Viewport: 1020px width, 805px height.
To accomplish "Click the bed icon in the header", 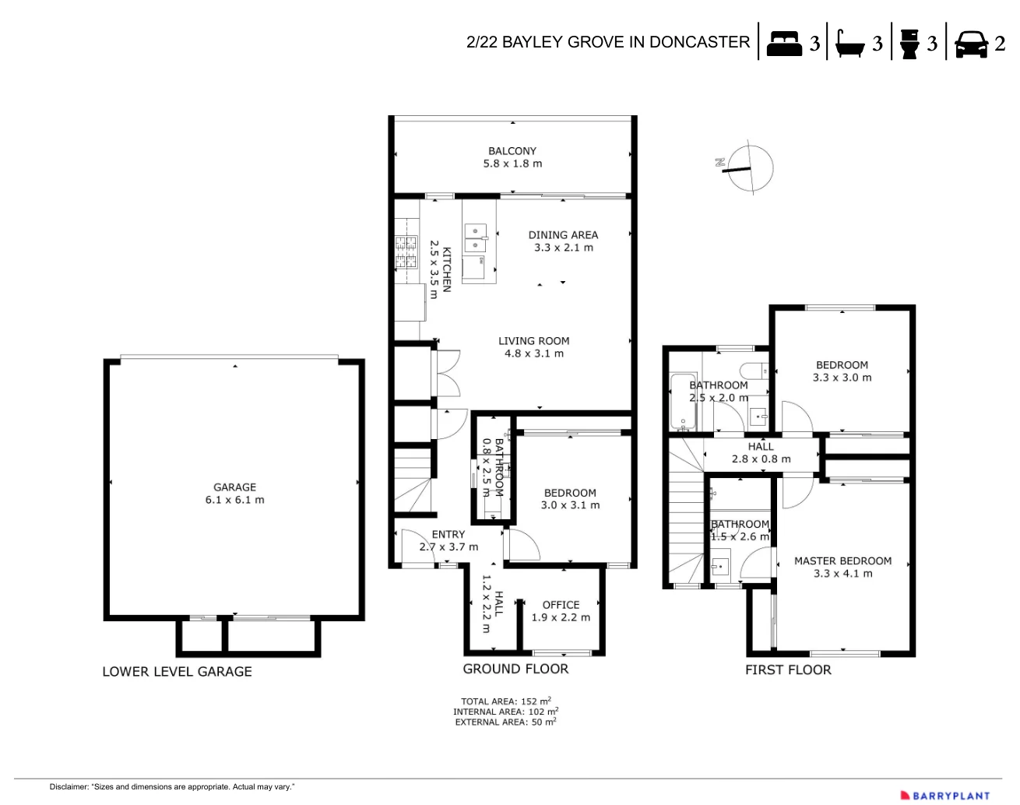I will pos(784,44).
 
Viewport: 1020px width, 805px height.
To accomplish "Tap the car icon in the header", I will pos(970,44).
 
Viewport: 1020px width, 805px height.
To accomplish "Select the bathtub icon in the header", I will pos(849,44).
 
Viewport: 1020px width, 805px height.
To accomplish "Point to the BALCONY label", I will pos(512,151).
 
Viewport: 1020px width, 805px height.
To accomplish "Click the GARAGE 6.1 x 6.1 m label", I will pos(234,494).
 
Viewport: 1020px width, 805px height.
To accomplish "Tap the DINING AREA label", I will pos(563,235).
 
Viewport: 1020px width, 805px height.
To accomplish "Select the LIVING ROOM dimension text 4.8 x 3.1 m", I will pos(534,353).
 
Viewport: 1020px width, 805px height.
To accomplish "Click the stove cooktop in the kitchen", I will pos(406,252).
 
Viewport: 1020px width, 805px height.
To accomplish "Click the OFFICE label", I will pos(561,605).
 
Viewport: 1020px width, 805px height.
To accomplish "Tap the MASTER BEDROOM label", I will pos(842,561).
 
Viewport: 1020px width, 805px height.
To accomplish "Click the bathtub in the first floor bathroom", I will pos(682,402).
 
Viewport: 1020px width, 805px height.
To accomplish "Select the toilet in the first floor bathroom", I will pos(754,370).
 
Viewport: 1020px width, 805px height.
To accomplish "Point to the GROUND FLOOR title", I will pos(515,669).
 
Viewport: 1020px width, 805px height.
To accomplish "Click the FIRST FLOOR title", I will pos(788,670).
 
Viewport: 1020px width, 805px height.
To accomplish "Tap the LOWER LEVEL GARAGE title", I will pos(177,671).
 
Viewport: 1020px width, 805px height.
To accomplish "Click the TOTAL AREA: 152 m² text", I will pos(505,701).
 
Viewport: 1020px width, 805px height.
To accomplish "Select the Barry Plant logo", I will pos(944,795).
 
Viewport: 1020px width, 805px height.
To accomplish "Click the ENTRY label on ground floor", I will pos(448,535).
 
